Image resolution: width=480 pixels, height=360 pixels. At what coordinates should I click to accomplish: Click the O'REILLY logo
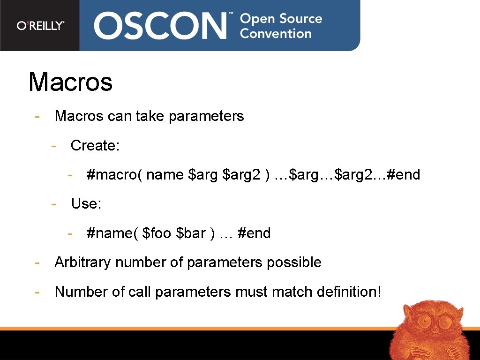[40, 26]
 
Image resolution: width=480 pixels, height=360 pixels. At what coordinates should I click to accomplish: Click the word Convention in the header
[276, 34]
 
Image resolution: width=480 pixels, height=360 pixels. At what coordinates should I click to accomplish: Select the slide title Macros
[70, 82]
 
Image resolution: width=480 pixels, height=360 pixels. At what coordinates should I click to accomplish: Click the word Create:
[95, 146]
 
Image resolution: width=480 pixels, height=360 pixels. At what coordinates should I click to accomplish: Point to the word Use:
[86, 204]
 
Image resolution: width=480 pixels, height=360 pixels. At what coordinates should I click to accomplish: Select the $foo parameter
[157, 233]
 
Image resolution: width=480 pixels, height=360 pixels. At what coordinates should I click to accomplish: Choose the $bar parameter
[191, 233]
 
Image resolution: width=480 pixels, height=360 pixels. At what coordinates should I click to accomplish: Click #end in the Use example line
[254, 233]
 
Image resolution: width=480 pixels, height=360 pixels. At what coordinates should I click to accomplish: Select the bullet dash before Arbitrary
[37, 262]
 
